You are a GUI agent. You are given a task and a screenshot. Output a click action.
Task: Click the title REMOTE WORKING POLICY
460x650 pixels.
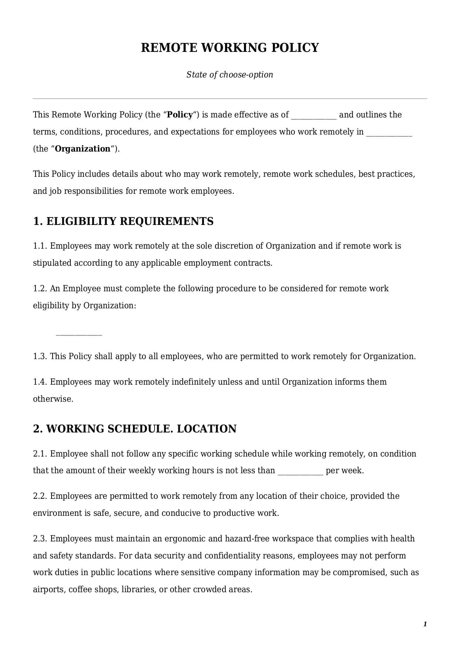tap(230, 48)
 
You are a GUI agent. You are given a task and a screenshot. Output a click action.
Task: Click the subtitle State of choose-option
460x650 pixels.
tap(230, 74)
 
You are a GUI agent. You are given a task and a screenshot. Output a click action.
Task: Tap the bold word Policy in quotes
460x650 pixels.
tap(180, 115)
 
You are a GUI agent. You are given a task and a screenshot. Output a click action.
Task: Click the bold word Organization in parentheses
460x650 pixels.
tap(83, 149)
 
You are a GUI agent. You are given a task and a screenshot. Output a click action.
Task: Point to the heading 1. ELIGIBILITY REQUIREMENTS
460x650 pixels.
tap(123, 221)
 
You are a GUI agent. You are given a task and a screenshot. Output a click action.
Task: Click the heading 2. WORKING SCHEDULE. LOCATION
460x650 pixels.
tap(135, 429)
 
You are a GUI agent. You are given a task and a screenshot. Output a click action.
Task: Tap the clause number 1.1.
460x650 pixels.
tap(40, 246)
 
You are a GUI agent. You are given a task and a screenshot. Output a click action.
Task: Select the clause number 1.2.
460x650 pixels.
tap(40, 288)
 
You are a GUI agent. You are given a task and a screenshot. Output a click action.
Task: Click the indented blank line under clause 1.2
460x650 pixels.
tap(79, 334)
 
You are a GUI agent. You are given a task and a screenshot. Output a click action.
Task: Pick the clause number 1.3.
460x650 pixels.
tap(40, 356)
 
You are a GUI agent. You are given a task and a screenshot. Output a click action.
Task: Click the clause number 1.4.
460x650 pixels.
tap(40, 382)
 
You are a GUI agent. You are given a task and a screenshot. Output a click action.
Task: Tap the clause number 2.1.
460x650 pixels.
tap(40, 454)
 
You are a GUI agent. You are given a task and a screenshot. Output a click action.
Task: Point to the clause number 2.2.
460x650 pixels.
tap(40, 496)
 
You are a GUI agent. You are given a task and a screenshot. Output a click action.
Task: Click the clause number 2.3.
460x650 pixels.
tap(40, 538)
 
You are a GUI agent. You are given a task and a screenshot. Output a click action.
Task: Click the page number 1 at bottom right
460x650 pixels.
tap(425, 624)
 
